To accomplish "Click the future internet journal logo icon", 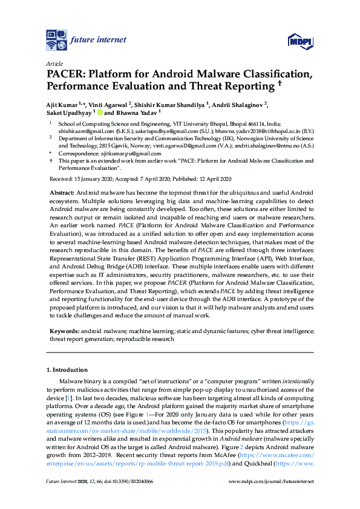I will [57, 40].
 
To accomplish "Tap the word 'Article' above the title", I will [54, 63].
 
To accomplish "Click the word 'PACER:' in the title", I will [66, 75].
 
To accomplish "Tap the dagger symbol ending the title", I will [280, 85].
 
